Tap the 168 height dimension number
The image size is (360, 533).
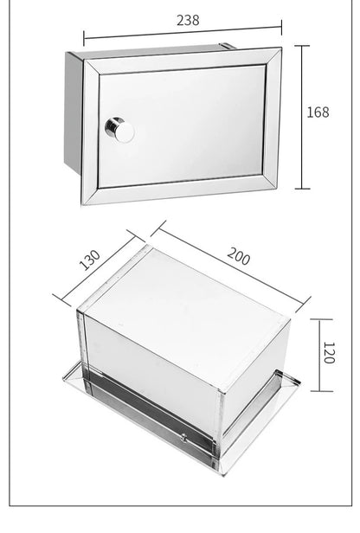tap(318, 112)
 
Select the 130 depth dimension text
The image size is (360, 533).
tap(90, 260)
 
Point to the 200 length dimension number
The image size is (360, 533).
tap(239, 256)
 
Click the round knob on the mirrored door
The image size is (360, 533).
tap(119, 131)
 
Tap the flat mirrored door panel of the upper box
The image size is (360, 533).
tap(186, 121)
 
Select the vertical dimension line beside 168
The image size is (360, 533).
tap(301, 117)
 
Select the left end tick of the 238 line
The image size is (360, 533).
tap(84, 37)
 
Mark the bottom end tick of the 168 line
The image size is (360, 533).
tap(301, 188)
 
